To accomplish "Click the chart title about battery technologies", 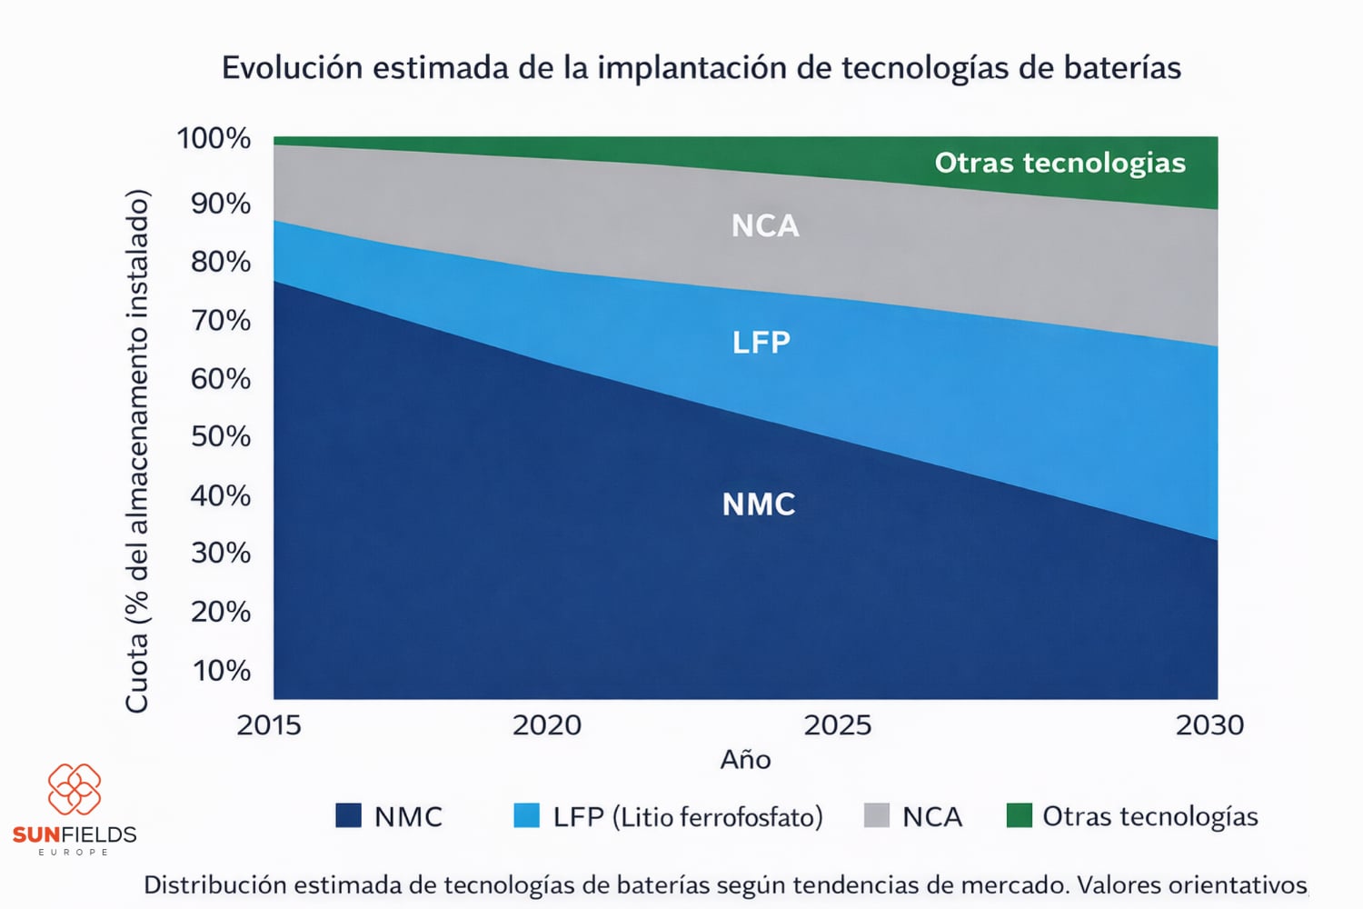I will click(x=701, y=68).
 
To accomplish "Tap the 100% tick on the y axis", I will click(x=214, y=138).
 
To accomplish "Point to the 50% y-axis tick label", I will click(x=220, y=436).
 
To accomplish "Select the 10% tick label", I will click(x=221, y=671).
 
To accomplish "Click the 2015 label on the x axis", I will click(x=268, y=725).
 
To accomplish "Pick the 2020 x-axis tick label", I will click(x=546, y=725).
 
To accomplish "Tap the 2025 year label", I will click(x=837, y=725).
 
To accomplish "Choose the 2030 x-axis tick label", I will click(x=1209, y=725).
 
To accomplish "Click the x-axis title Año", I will click(x=745, y=760).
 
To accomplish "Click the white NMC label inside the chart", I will click(x=759, y=504).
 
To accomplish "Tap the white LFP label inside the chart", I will click(x=761, y=343).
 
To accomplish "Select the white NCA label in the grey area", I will click(x=765, y=225).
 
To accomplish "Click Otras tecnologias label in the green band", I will click(x=1060, y=163).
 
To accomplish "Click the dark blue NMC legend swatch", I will click(x=348, y=815).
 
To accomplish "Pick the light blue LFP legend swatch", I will click(x=526, y=815).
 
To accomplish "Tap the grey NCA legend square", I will click(x=876, y=815).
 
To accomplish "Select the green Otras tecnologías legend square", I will click(x=1020, y=815).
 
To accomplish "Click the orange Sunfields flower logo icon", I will click(x=75, y=789).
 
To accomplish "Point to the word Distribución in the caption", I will click(x=214, y=884).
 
